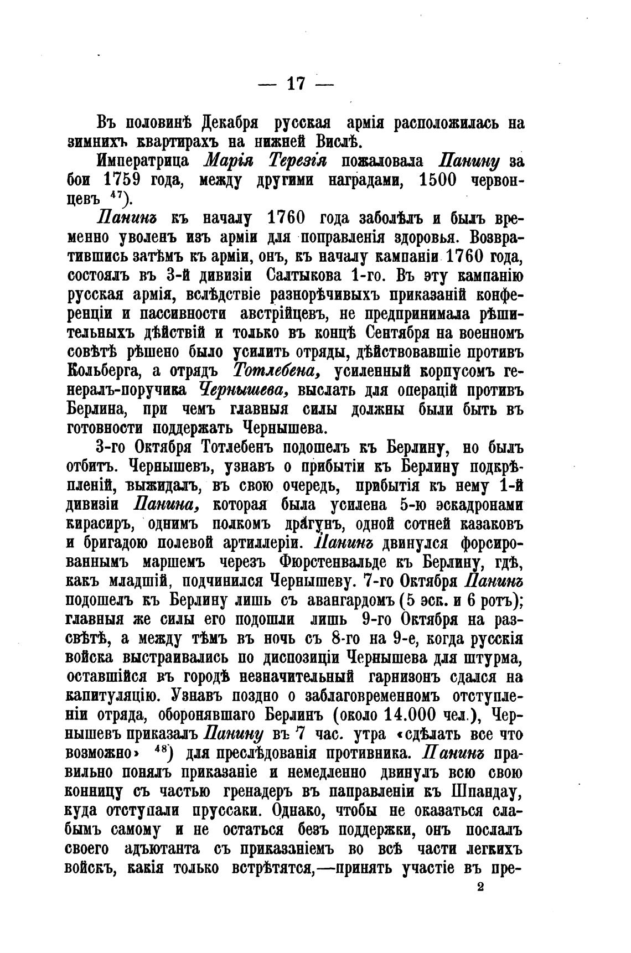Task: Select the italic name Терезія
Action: (x=299, y=161)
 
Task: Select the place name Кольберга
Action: (x=109, y=371)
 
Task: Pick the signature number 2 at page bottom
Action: (x=480, y=887)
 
